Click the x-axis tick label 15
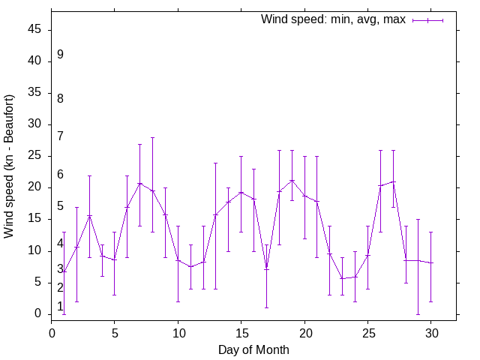point(241,331)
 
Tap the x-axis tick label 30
point(430,331)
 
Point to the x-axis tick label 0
point(52,331)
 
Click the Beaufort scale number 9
point(60,55)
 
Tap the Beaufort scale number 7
point(60,136)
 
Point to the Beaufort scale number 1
point(60,306)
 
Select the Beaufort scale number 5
point(60,206)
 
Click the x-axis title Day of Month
point(253,349)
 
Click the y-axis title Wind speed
point(10,166)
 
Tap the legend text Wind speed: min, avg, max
point(333,19)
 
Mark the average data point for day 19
point(292,180)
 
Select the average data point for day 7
point(139,183)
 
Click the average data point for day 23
point(342,278)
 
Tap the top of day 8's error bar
point(152,137)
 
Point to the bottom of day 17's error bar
point(266,307)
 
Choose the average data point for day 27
point(393,181)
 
